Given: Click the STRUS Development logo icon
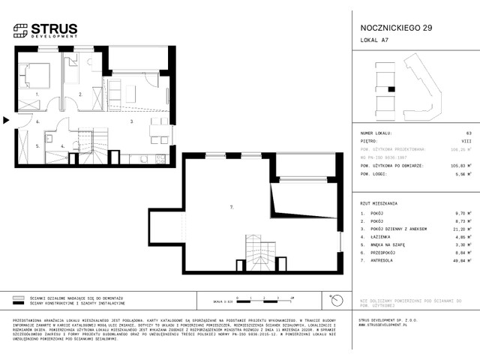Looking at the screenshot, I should (x=20, y=31).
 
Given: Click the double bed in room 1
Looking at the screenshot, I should (x=34, y=75).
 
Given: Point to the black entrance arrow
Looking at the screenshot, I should (x=6, y=119).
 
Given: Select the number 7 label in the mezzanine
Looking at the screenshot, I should (x=232, y=205).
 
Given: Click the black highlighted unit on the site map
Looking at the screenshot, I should (x=391, y=89).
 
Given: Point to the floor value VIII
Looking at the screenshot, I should (x=456, y=139).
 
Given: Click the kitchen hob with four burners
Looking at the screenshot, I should (x=159, y=158).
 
